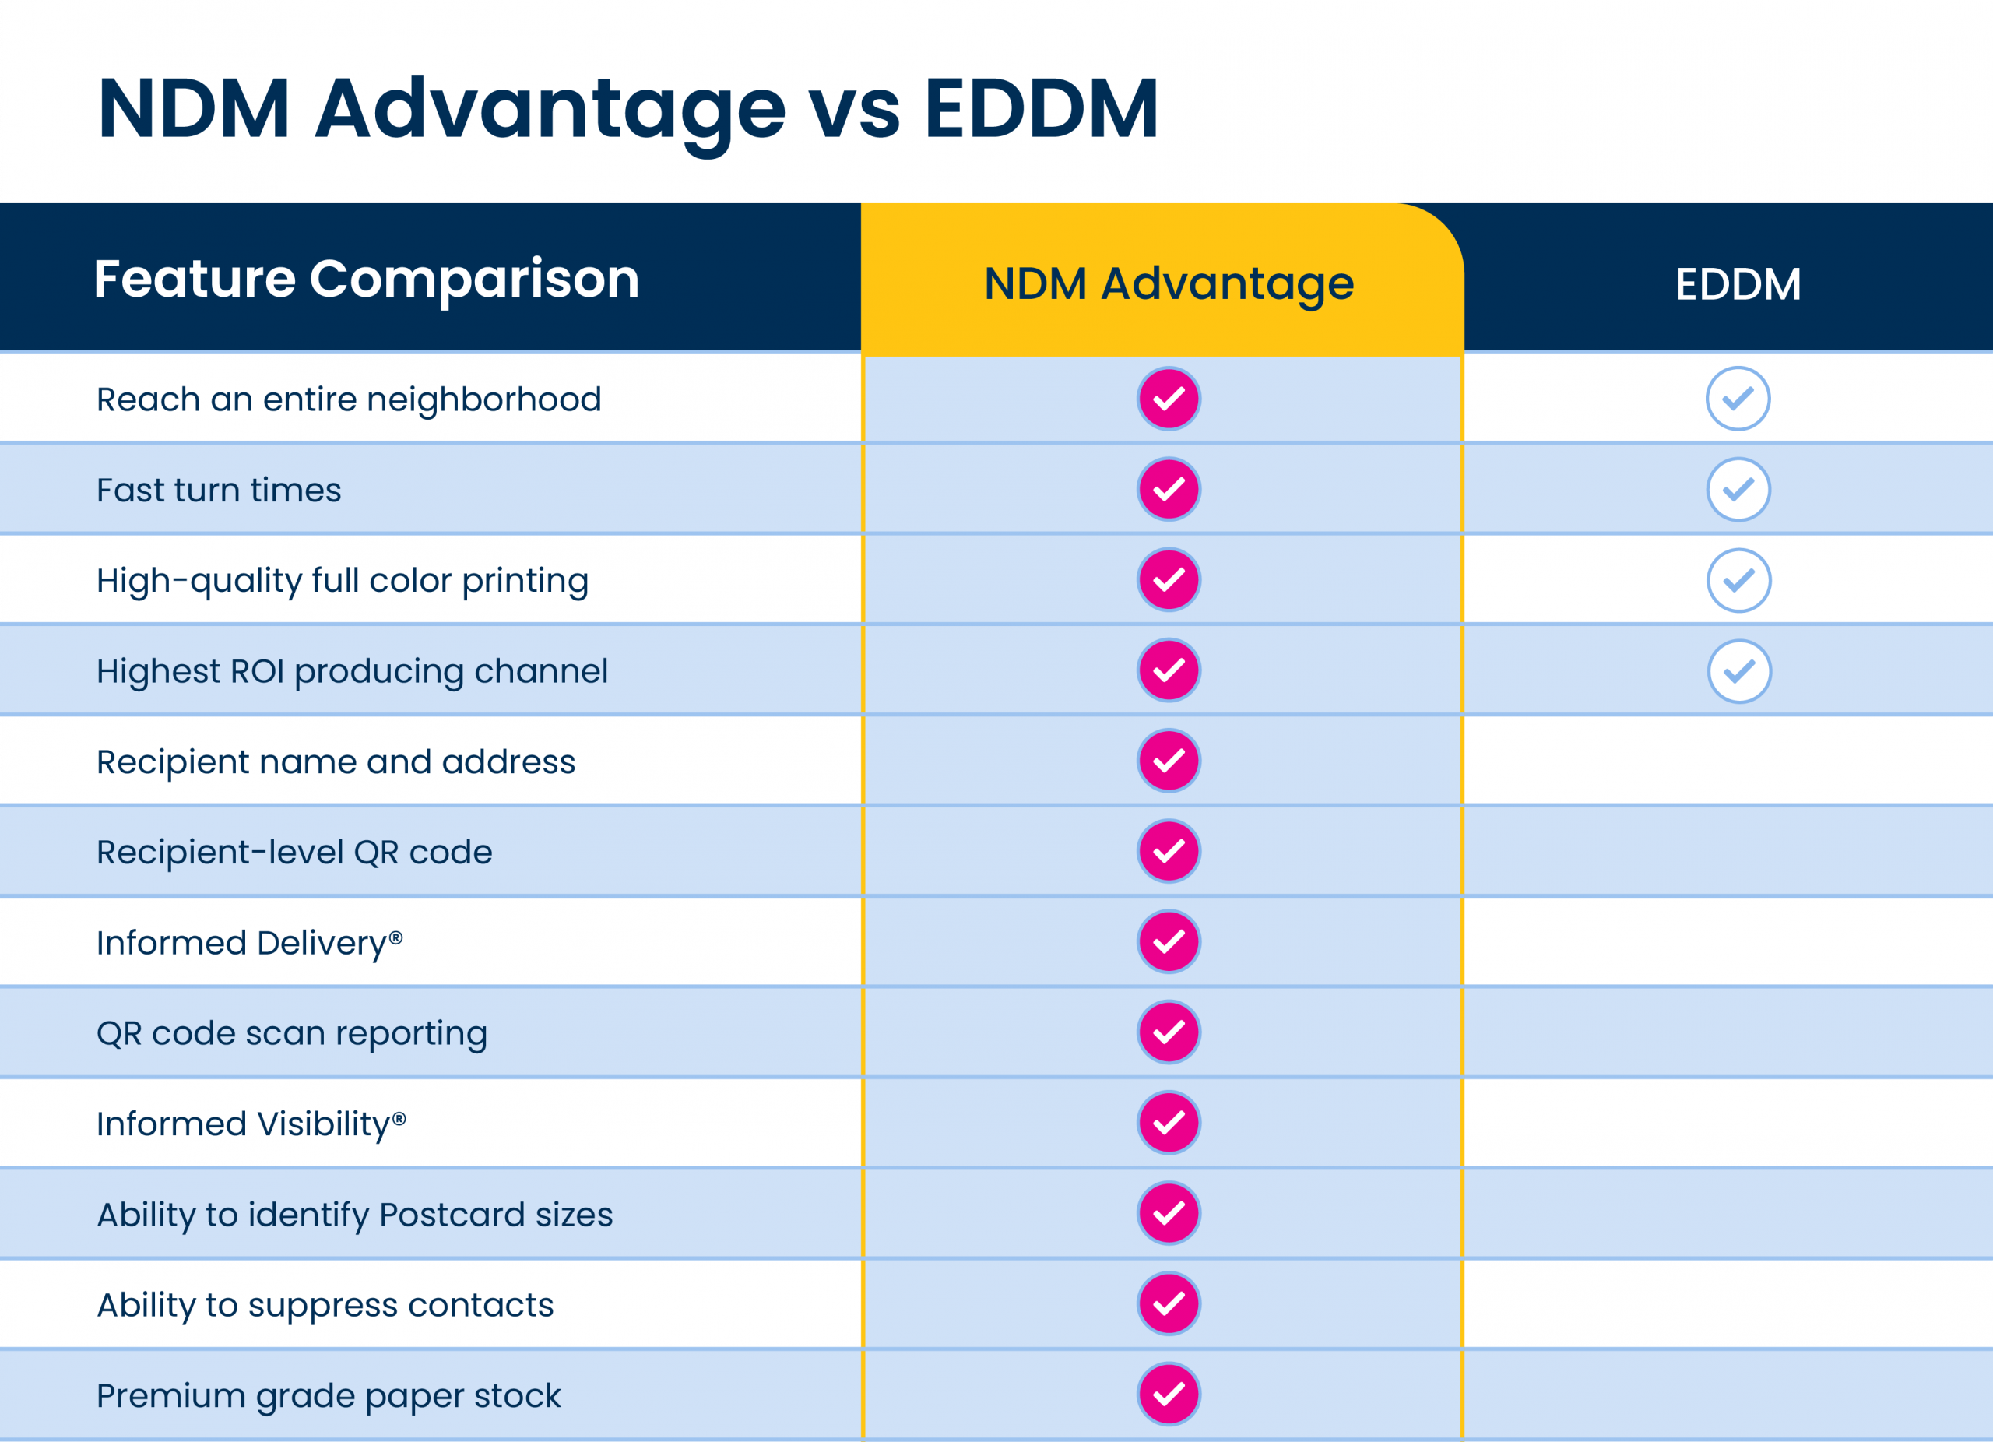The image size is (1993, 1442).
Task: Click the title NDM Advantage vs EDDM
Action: point(627,109)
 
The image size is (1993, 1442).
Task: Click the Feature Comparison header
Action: point(367,280)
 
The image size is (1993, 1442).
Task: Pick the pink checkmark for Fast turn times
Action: point(1169,490)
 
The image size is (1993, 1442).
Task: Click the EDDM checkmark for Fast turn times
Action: point(1738,490)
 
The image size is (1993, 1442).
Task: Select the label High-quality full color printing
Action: point(343,581)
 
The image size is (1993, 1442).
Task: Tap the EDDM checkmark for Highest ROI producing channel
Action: point(1739,671)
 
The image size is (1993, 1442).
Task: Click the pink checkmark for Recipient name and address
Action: point(1169,761)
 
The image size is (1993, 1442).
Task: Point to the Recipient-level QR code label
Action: point(294,853)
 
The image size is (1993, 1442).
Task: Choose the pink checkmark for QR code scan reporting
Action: point(1169,1032)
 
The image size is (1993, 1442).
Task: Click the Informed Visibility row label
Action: point(251,1124)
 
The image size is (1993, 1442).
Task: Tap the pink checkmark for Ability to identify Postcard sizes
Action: point(1169,1214)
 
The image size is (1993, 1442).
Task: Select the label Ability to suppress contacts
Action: point(325,1305)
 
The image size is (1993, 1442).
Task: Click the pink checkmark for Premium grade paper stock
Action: point(1169,1395)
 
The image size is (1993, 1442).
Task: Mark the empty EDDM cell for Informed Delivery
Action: point(1728,942)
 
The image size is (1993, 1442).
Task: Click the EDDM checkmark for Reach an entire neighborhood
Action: point(1738,399)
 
